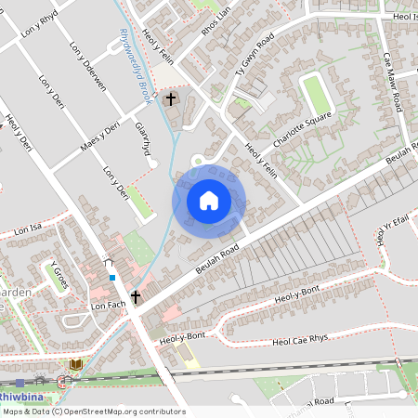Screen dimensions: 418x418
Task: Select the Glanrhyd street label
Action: [x=142, y=139]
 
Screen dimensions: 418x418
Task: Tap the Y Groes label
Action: [x=58, y=275]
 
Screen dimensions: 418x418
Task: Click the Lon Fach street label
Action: [x=108, y=304]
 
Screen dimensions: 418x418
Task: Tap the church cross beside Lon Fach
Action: [x=137, y=297]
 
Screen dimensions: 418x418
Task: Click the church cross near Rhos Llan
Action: [x=170, y=98]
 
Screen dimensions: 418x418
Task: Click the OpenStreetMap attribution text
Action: [x=93, y=411]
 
